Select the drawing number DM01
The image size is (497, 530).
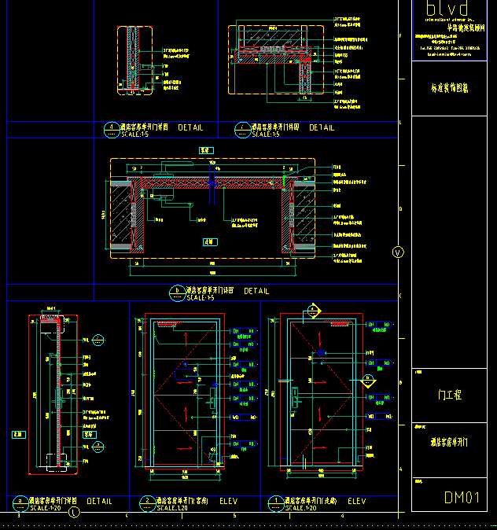point(462,497)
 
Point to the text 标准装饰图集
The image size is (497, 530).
point(450,89)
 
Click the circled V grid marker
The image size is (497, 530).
point(397,252)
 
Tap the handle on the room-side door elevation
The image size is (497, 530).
point(211,403)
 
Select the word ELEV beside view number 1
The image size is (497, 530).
point(356,501)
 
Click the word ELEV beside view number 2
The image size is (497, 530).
point(228,501)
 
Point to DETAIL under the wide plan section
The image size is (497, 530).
point(256,291)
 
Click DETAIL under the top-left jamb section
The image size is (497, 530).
point(190,127)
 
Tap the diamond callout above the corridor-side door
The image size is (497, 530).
point(313,311)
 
